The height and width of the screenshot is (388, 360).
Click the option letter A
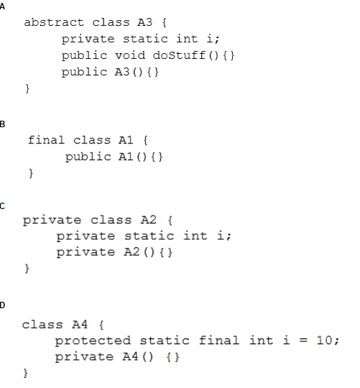click(x=2, y=6)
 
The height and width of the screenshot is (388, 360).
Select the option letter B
click(x=2, y=124)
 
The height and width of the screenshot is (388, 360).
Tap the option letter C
click(x=2, y=206)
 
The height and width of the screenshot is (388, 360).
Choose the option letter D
click(x=2, y=305)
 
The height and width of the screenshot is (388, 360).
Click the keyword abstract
click(x=54, y=22)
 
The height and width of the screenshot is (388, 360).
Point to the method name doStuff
click(x=179, y=55)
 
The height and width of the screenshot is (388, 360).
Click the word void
click(x=130, y=55)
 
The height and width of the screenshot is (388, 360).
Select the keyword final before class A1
click(x=46, y=140)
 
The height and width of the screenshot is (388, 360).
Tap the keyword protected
click(x=93, y=341)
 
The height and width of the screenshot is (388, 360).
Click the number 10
click(x=324, y=341)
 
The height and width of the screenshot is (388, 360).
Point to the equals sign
click(x=303, y=341)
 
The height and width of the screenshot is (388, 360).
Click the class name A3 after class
click(x=144, y=22)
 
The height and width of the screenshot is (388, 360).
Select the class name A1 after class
click(x=126, y=140)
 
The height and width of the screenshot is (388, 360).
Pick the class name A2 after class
click(x=149, y=220)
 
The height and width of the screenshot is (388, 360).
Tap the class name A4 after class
click(x=80, y=324)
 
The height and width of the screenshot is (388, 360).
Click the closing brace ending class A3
click(x=27, y=88)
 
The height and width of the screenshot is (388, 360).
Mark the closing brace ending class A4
click(x=25, y=373)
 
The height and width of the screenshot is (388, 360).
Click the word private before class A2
click(x=52, y=221)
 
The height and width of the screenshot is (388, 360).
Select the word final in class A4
click(x=219, y=340)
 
